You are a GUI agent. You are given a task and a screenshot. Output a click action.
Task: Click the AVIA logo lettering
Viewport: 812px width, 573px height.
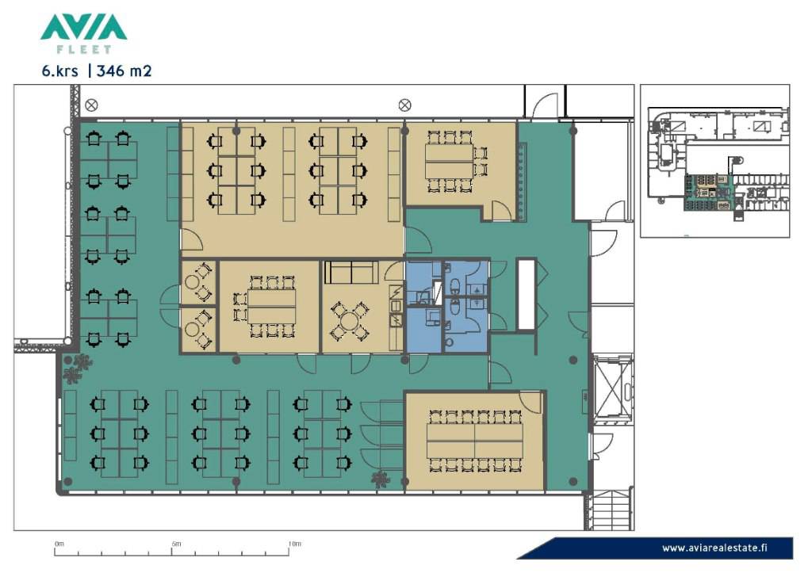pyautogui.click(x=83, y=27)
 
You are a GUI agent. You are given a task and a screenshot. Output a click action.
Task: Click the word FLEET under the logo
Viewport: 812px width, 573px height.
pyautogui.click(x=83, y=50)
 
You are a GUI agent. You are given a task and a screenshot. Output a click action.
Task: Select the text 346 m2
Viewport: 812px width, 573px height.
pyautogui.click(x=124, y=71)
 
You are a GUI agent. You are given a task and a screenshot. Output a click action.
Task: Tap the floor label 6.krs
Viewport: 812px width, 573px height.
pyautogui.click(x=60, y=71)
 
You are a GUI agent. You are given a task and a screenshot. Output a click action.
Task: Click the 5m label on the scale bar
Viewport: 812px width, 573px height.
pyautogui.click(x=177, y=544)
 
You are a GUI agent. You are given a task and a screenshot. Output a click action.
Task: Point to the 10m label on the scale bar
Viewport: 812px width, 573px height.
pyautogui.click(x=295, y=544)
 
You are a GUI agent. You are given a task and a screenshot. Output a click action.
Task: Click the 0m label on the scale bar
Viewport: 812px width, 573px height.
pyautogui.click(x=59, y=544)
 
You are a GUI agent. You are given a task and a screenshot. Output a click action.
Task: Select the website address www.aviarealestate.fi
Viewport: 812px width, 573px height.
pyautogui.click(x=714, y=548)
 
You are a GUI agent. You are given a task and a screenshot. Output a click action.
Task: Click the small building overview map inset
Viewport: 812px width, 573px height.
pyautogui.click(x=715, y=161)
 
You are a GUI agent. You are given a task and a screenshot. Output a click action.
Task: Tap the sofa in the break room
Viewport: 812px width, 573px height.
pyautogui.click(x=351, y=273)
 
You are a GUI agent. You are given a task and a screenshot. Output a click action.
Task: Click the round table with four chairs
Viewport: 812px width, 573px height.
pyautogui.click(x=350, y=321)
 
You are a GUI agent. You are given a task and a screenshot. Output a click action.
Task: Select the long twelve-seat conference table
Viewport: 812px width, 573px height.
pyautogui.click(x=475, y=441)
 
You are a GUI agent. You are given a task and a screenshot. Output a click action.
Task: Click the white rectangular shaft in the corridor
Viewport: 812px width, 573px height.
pyautogui.click(x=527, y=295)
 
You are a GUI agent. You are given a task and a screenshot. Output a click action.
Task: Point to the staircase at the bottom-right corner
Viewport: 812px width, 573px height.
pyautogui.click(x=610, y=510)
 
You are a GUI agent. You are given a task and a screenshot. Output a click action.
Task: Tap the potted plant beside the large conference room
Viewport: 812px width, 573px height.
pyautogui.click(x=381, y=479)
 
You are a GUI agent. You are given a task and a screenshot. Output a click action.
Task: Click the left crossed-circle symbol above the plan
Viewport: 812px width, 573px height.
pyautogui.click(x=91, y=105)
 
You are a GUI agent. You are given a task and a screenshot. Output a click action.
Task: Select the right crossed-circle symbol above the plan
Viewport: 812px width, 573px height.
pyautogui.click(x=405, y=105)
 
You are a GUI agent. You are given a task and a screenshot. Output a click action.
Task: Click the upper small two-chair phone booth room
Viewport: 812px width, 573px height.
pyautogui.click(x=198, y=283)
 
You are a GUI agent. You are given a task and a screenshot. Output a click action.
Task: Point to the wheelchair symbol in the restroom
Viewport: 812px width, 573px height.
pyautogui.click(x=477, y=289)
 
